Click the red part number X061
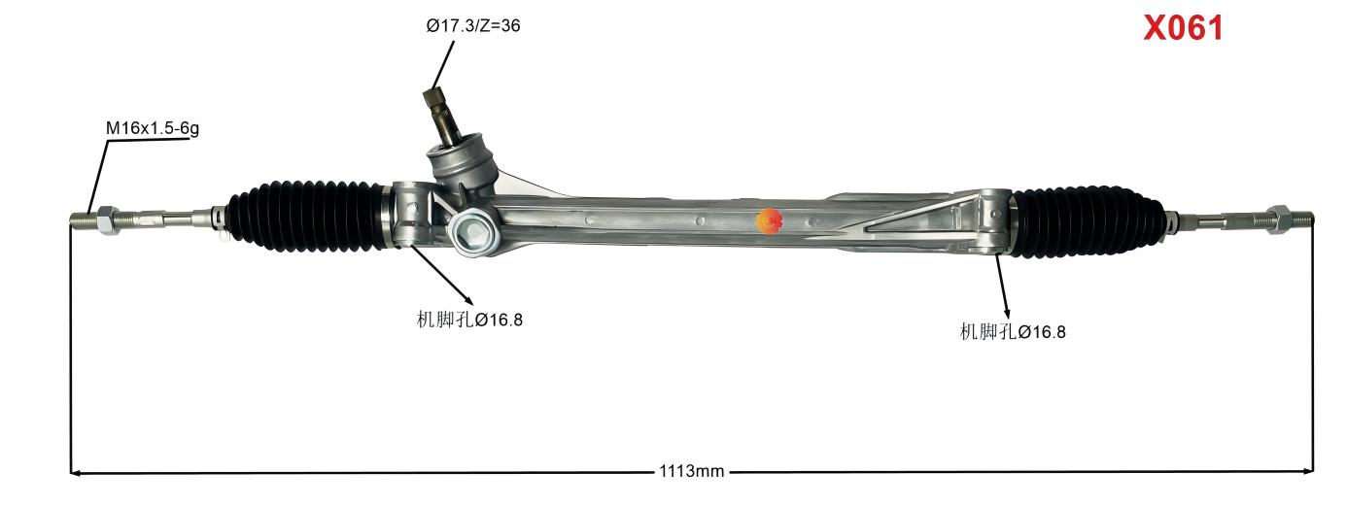[x=1183, y=28]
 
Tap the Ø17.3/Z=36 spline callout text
[x=472, y=26]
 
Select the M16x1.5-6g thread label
[x=153, y=127]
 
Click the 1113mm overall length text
[x=691, y=472]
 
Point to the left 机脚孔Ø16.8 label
[x=469, y=320]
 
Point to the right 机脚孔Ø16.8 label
[x=1013, y=332]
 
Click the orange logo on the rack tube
[x=768, y=221]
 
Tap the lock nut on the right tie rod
[x=1277, y=219]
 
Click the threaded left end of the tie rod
[x=82, y=220]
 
